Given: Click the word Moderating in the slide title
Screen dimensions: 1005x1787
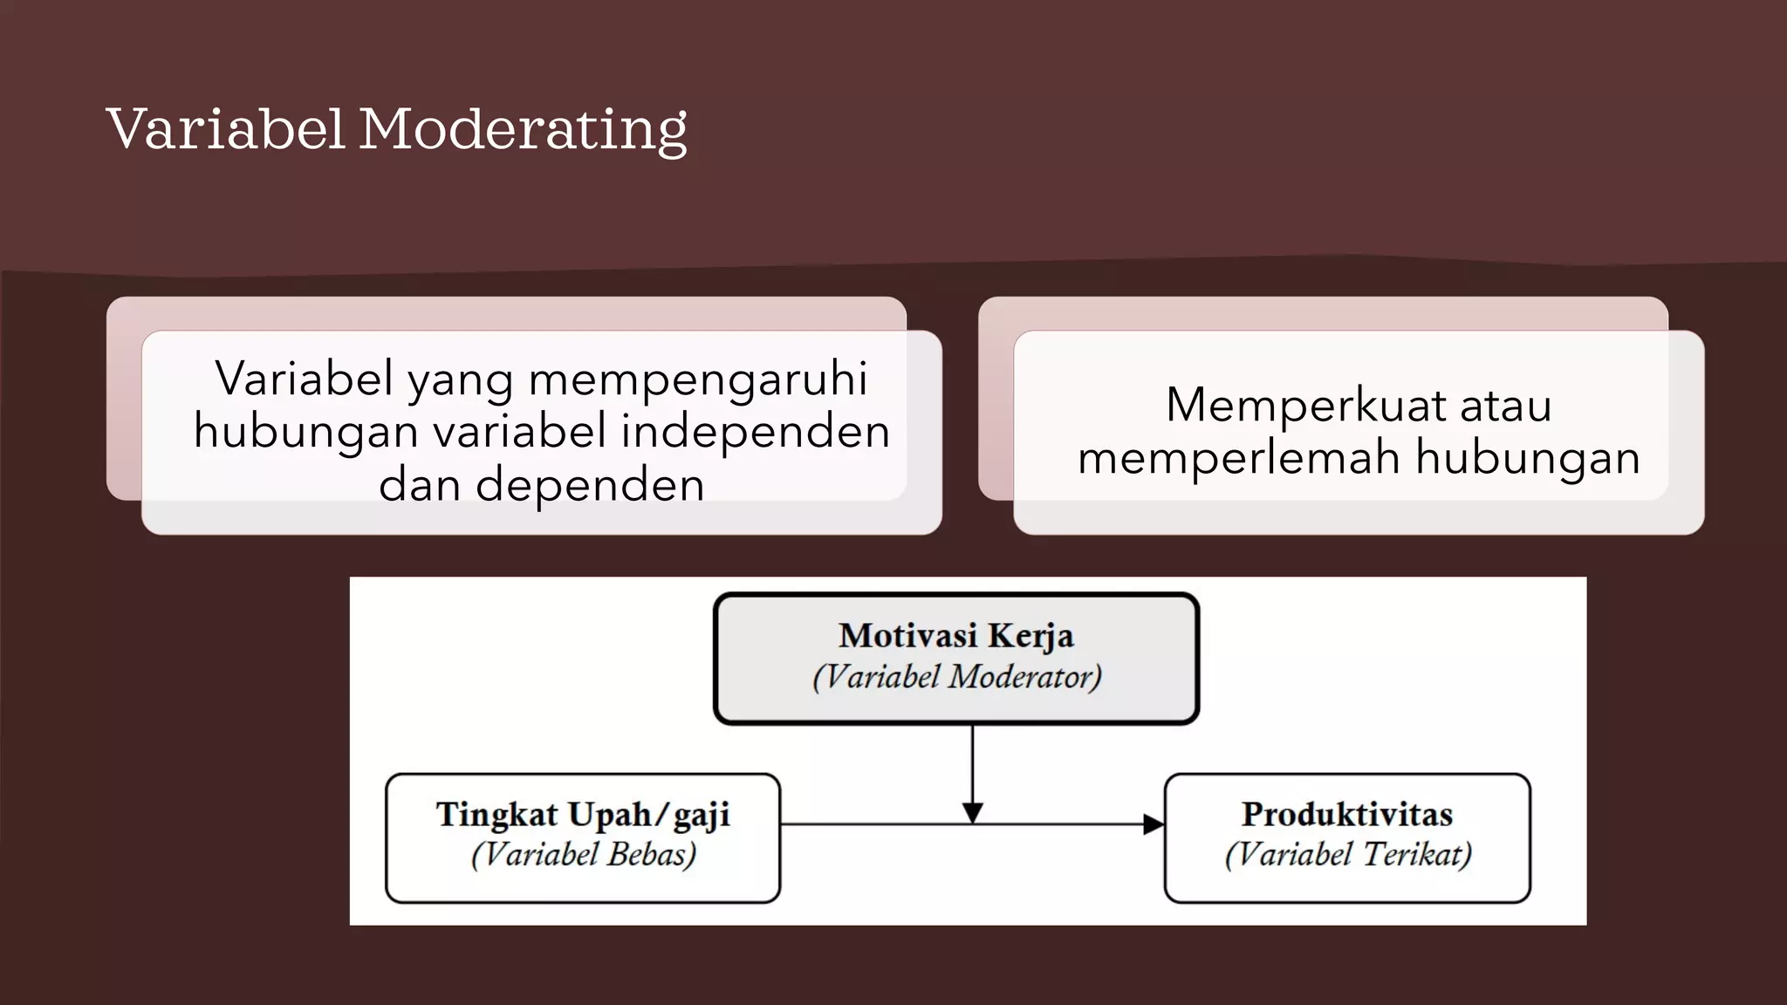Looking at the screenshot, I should click(x=523, y=129).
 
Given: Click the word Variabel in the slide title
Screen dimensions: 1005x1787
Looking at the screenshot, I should click(x=226, y=129).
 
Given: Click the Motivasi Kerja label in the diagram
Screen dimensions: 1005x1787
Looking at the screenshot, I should click(x=956, y=635).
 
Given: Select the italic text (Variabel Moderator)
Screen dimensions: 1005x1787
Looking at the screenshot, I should click(x=957, y=677).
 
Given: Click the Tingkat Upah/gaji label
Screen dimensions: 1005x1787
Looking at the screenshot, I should click(x=583, y=815).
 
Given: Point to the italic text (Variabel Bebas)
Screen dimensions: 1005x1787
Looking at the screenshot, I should click(x=584, y=854).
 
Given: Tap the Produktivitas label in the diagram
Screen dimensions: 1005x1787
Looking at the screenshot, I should click(x=1347, y=815).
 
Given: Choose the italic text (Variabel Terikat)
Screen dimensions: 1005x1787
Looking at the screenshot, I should click(x=1348, y=854).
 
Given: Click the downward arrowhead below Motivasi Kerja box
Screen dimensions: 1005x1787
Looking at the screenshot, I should click(x=973, y=812).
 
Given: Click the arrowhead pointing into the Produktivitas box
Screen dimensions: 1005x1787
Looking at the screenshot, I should click(x=1153, y=824).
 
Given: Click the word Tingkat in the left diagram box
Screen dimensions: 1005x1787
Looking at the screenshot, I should click(x=496, y=815).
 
